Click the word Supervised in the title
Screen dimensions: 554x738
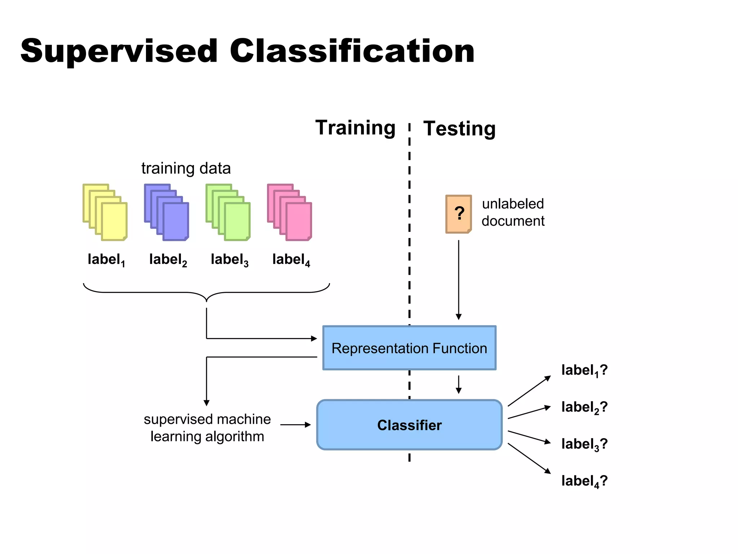coord(119,51)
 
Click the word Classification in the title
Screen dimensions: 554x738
coord(352,51)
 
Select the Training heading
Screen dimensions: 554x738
coord(355,128)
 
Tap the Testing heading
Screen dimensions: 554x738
coord(459,128)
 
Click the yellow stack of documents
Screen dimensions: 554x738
coord(105,212)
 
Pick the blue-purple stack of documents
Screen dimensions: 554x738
coord(167,212)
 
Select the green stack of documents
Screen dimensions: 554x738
coord(228,212)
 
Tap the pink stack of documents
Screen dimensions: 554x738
coord(290,212)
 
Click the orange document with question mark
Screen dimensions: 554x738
coord(458,214)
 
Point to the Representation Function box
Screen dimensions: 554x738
coord(409,348)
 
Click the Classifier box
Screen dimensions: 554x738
coord(409,425)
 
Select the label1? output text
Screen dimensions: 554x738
coord(584,370)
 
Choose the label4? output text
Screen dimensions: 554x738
coord(584,481)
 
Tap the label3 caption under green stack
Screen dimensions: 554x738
coord(230,260)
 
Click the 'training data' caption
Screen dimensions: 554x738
coord(186,168)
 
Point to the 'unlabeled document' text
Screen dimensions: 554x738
coord(513,212)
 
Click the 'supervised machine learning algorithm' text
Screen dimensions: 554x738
coord(207,428)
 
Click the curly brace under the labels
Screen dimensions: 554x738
coord(206,293)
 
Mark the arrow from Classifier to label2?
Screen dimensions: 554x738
coord(529,413)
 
